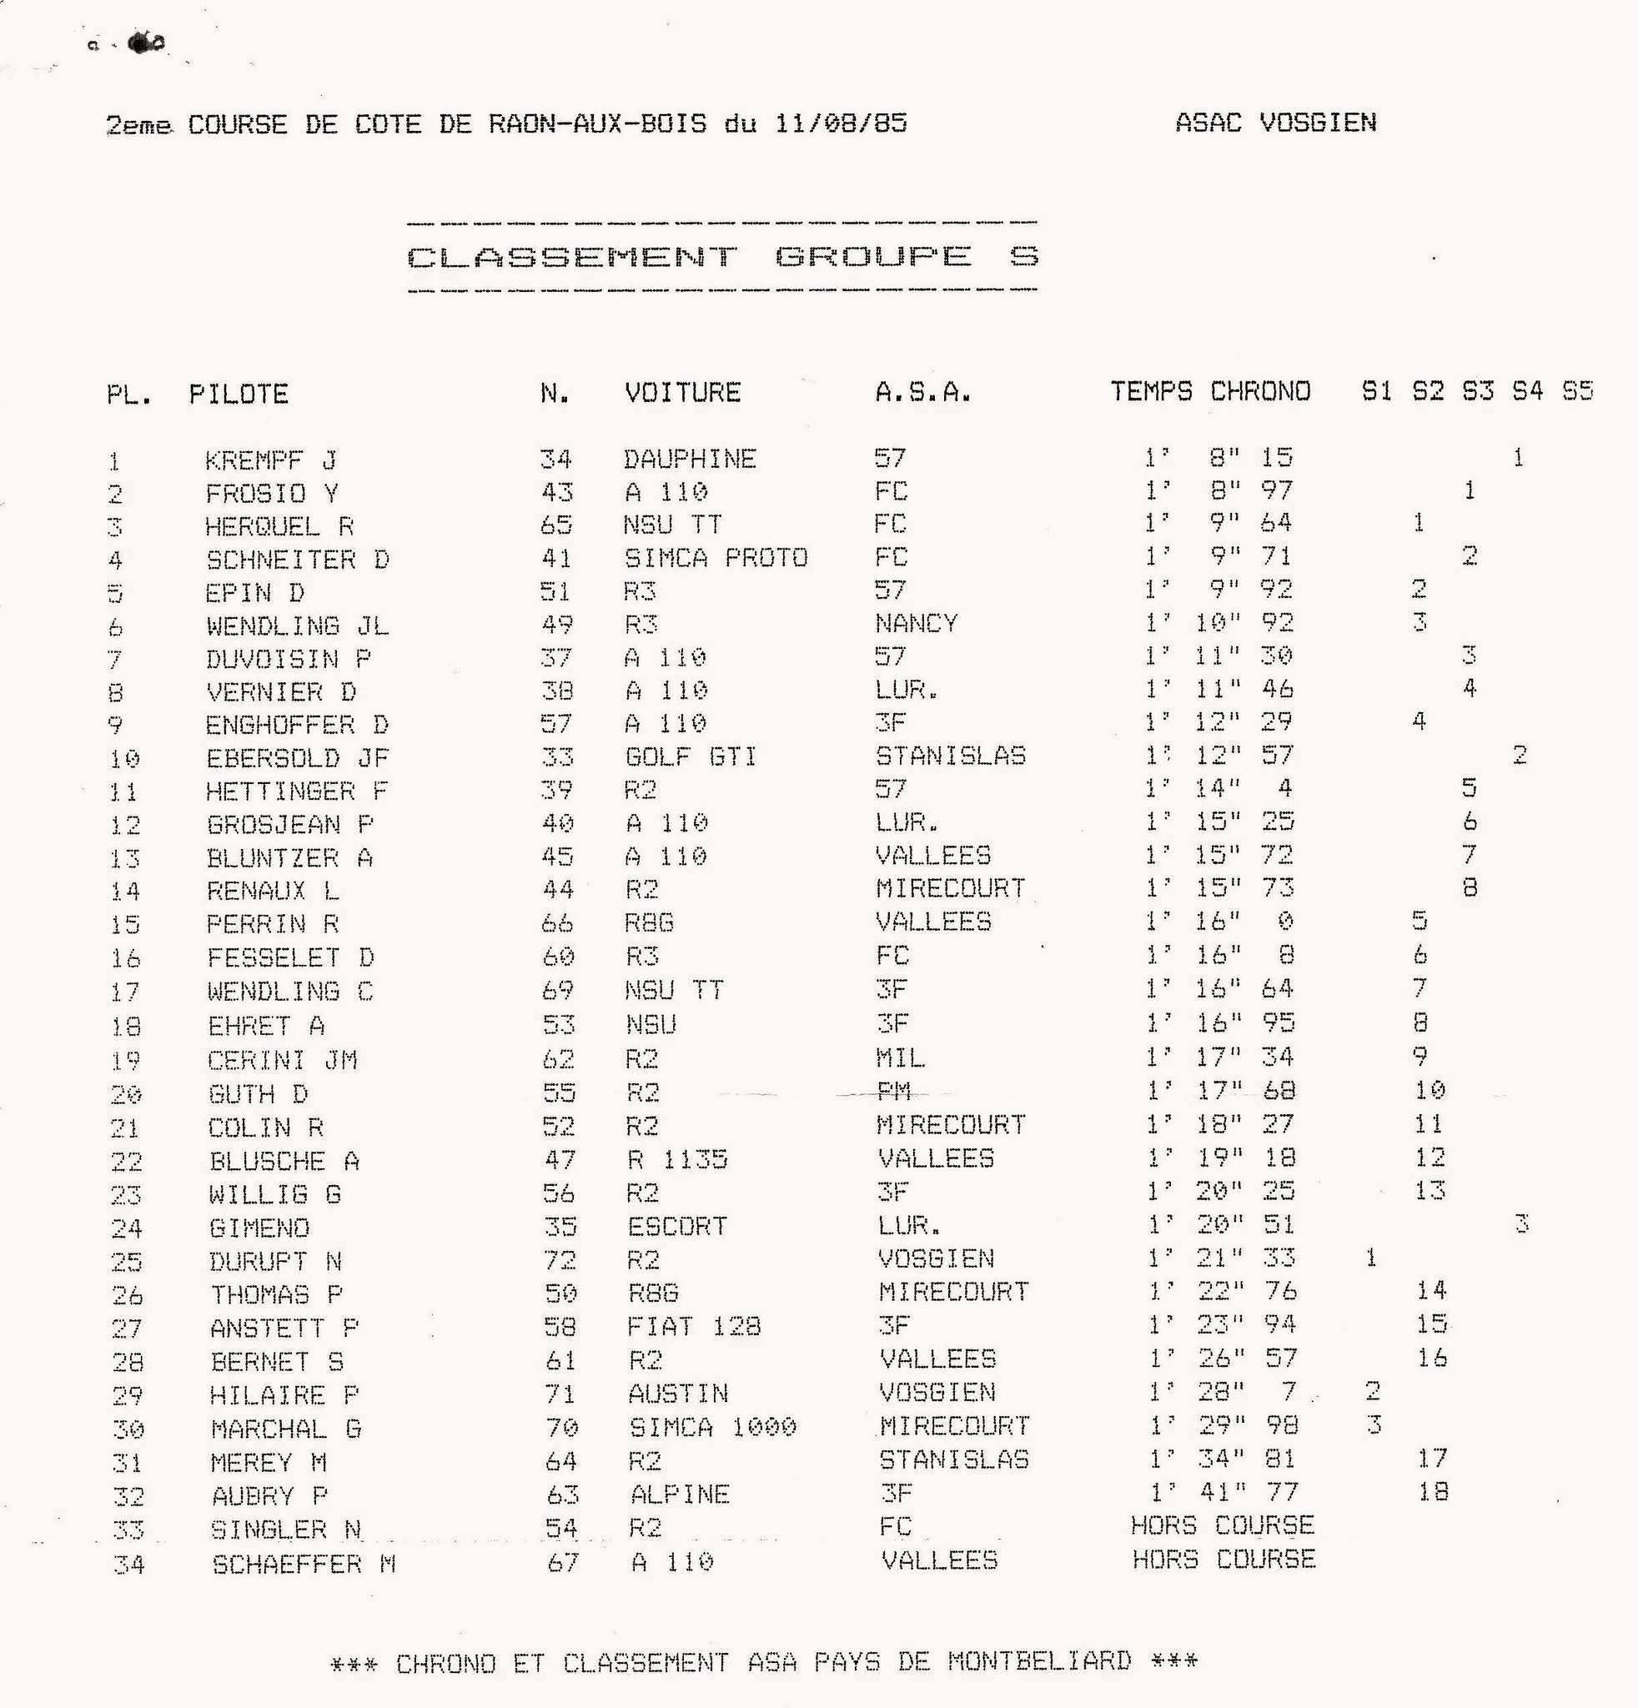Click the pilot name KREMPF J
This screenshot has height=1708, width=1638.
tap(270, 460)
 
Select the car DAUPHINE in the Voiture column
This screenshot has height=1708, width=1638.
tap(689, 459)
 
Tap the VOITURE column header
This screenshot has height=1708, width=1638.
tap(682, 392)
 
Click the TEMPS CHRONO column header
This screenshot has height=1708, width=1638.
tap(1209, 391)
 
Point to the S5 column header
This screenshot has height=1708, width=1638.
tap(1577, 390)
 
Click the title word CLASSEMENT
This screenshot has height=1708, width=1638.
tap(571, 257)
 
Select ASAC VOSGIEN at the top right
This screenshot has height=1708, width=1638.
tap(1275, 123)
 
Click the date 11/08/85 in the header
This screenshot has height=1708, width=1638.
tap(841, 123)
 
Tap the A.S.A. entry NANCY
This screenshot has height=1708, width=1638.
tap(917, 623)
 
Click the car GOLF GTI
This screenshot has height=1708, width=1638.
tap(691, 756)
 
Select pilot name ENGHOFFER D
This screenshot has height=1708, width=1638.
tap(297, 724)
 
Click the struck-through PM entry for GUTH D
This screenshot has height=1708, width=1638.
tap(893, 1091)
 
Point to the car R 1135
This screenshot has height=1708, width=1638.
tap(677, 1159)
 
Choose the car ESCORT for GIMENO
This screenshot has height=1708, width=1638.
tap(677, 1226)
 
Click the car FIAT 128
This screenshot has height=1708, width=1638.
tap(694, 1326)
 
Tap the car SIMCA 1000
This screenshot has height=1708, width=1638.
tap(713, 1426)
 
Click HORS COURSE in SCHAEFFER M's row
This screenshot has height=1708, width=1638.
tap(1223, 1559)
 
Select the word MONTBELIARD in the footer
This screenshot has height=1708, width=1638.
tap(1038, 1661)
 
